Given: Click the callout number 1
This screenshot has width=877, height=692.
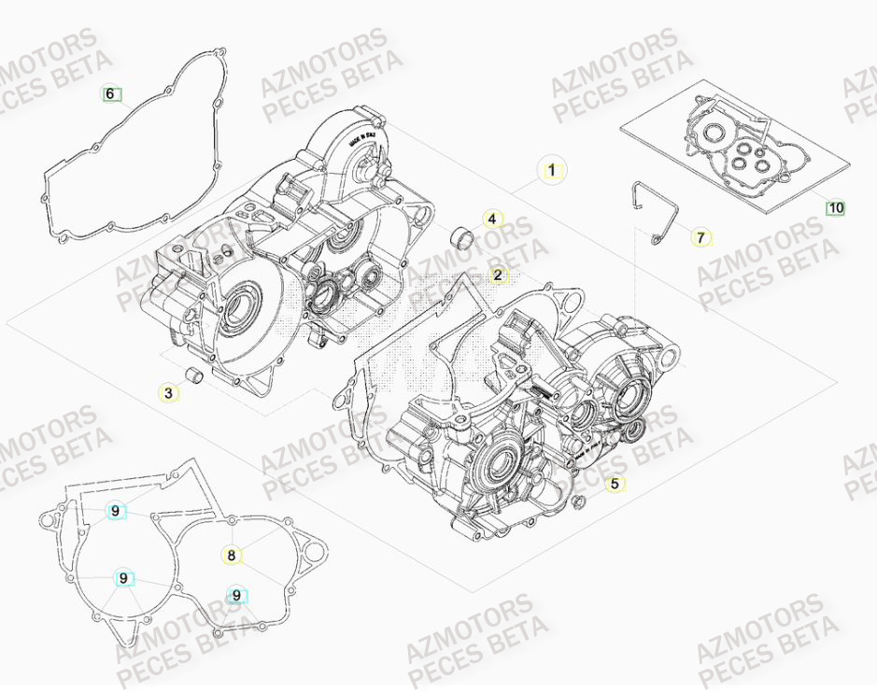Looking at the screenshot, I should point(551,170).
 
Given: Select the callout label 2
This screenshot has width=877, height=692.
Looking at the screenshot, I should point(498,275).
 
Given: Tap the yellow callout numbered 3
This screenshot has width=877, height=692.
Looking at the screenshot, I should point(168,393).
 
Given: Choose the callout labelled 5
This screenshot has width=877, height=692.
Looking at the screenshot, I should point(614,484).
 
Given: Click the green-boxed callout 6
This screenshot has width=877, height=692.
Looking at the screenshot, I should point(111,93).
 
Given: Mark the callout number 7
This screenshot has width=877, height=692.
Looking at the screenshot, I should point(700,237).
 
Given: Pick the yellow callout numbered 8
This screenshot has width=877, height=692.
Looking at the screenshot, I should point(231,556).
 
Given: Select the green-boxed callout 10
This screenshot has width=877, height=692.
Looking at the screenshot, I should point(835,207).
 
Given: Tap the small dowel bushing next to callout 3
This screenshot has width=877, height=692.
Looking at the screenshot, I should point(195,375).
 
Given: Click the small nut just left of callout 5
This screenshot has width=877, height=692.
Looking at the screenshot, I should point(580,505).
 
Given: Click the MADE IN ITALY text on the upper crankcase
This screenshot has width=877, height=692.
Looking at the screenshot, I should point(362,139).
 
